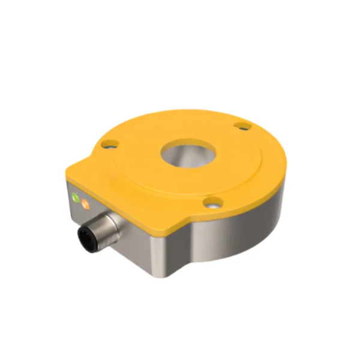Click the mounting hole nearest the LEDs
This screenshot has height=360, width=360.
point(108,145)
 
